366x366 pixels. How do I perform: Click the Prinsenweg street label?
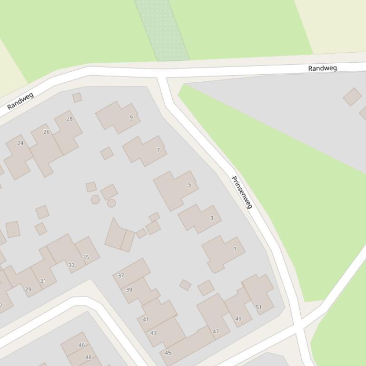[241, 193]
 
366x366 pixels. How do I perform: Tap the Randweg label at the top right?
[322, 68]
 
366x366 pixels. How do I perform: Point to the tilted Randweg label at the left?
[21, 101]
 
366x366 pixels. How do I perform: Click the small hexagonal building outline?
[95, 200]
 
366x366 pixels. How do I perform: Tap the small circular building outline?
[111, 203]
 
